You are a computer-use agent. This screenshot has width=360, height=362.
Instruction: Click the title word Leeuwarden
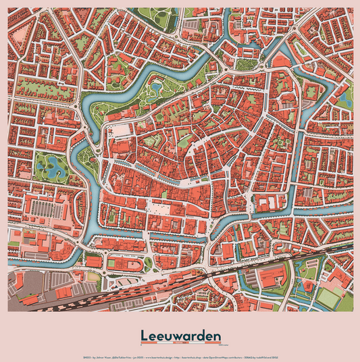pyautogui.click(x=180, y=335)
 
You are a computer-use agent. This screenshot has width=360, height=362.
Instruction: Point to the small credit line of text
pyautogui.click(x=180, y=354)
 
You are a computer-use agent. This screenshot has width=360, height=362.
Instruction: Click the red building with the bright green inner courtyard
pyautogui.click(x=184, y=142)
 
